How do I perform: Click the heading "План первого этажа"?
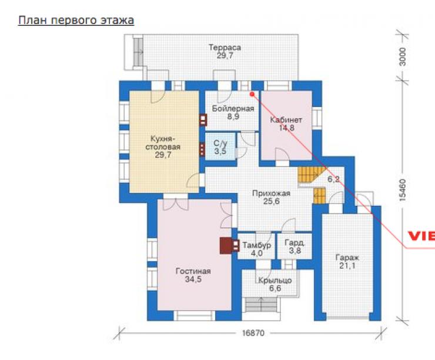point(76,20)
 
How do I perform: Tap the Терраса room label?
point(225,48)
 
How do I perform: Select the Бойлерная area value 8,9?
point(233,116)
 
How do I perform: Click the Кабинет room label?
point(286,120)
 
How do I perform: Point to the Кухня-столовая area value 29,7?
point(163,155)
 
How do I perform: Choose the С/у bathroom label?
point(220,143)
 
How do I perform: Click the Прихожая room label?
point(271,193)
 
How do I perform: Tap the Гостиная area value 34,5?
point(193,279)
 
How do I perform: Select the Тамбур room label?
point(257,245)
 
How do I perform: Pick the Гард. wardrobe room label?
point(295,242)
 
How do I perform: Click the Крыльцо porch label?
point(275,281)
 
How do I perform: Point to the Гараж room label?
point(347,258)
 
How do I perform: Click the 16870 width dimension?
point(253,332)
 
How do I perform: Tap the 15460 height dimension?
point(403,190)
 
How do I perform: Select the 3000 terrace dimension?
point(403,56)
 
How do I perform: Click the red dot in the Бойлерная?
point(252,94)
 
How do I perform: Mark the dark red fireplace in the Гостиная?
point(226,246)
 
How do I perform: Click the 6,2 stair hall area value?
point(333,179)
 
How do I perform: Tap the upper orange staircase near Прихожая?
point(310,174)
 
